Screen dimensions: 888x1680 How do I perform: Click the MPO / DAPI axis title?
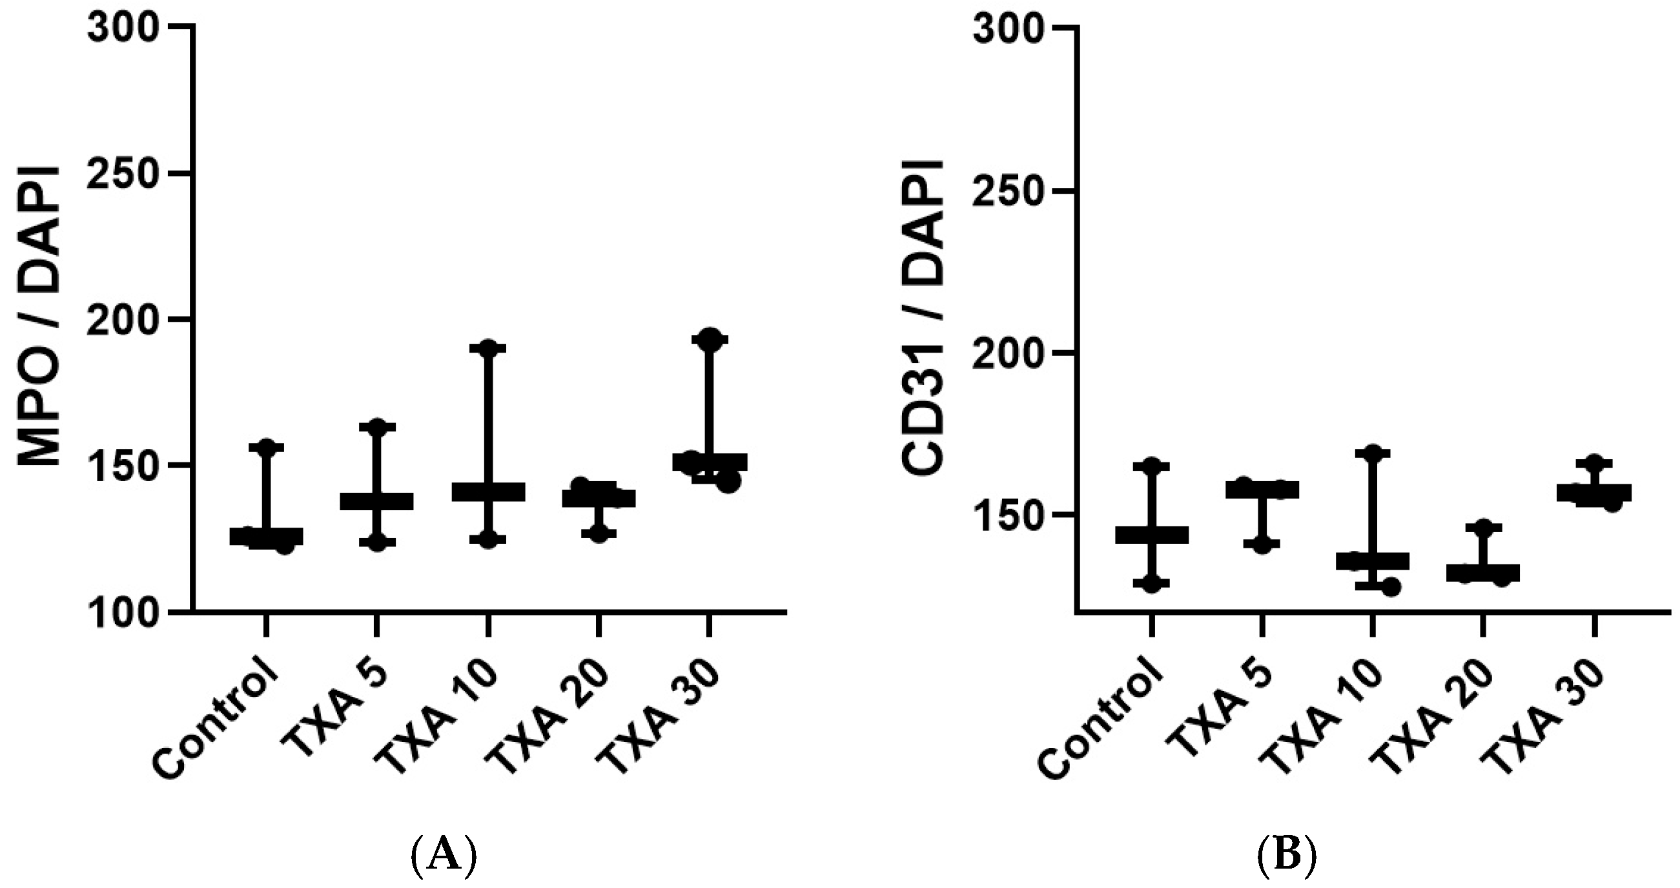click(38, 317)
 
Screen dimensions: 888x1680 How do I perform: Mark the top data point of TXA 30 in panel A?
click(710, 338)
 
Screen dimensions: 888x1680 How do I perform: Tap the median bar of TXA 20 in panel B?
click(1483, 573)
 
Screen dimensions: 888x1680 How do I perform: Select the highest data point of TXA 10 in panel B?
click(1373, 453)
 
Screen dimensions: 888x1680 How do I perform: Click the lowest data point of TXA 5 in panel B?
click(1263, 544)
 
